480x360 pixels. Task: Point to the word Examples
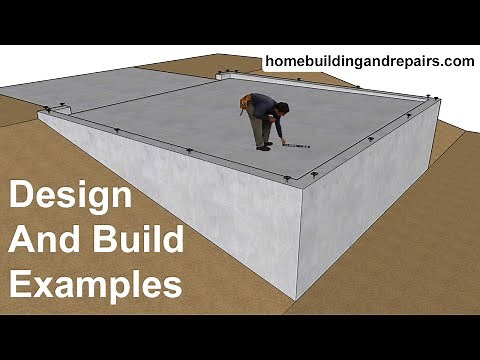click(95, 285)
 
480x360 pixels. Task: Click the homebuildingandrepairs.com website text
click(368, 62)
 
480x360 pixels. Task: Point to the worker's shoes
click(264, 146)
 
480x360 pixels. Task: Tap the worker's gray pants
click(263, 130)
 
